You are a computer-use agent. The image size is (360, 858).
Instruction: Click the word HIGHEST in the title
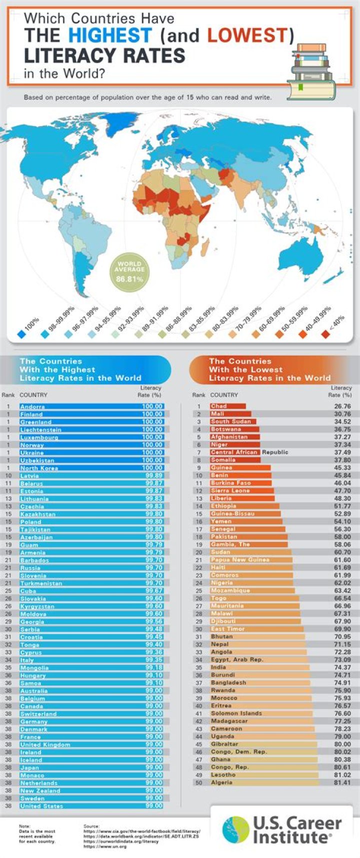coord(110,36)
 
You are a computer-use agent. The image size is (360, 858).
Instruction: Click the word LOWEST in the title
coord(247,36)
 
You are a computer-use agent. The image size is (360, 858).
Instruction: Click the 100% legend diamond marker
coord(20,334)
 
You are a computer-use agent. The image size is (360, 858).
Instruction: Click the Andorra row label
coord(32,407)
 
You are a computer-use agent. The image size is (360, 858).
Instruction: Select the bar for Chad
coord(227,406)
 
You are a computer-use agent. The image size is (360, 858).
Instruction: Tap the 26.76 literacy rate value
coord(342,406)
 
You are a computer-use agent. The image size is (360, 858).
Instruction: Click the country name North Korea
coord(39,468)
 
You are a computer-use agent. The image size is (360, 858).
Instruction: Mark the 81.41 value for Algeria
coord(342,782)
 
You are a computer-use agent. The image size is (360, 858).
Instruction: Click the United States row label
coord(41,806)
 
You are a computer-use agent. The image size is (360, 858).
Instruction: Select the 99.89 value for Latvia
coord(153,476)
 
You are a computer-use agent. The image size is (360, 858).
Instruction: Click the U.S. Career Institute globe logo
coord(235,829)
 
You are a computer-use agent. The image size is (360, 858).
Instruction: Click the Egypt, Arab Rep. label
coord(236,659)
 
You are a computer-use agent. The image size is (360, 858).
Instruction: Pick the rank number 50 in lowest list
coord(198,782)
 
